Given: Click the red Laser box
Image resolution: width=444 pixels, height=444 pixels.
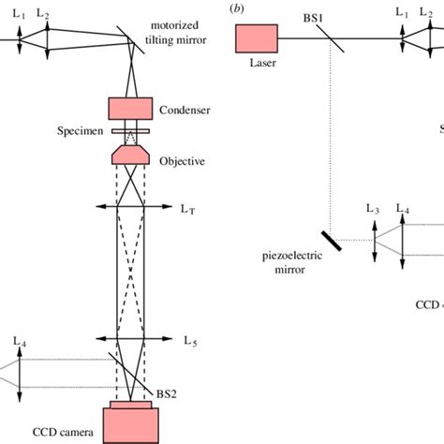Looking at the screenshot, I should coord(255,39).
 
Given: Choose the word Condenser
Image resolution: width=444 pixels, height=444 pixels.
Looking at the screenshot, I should coord(185,111).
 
